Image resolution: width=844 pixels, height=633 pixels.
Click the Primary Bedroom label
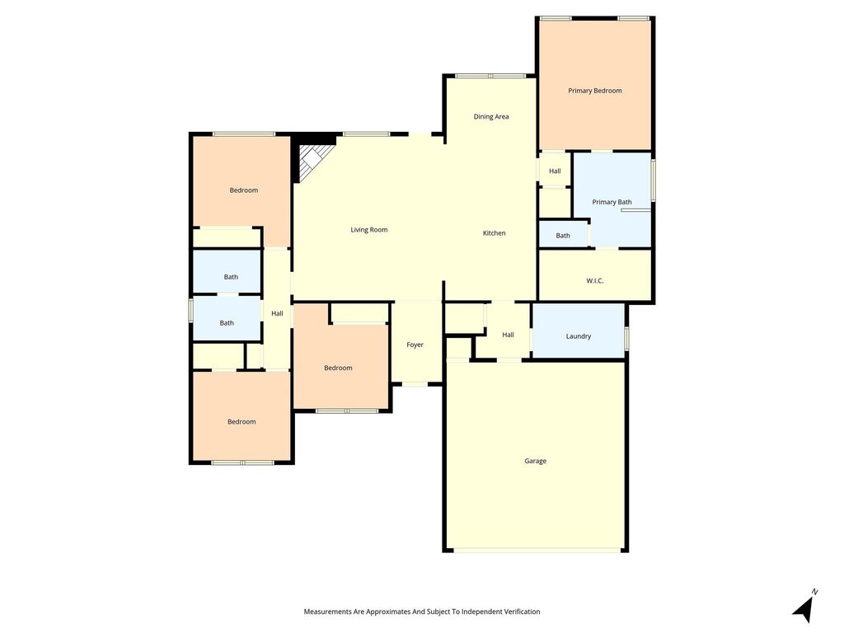tap(595, 91)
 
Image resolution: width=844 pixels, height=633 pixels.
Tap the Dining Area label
tap(491, 117)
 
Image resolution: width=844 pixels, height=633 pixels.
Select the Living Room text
tap(368, 230)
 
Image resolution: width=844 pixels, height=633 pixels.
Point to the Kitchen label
tap(494, 233)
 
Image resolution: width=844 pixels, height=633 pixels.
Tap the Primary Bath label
tap(612, 203)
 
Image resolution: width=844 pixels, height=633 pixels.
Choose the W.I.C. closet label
tap(594, 281)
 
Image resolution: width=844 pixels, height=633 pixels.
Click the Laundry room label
tap(578, 336)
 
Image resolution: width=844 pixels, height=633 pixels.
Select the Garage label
tap(535, 461)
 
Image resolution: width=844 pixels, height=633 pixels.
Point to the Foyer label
tap(415, 345)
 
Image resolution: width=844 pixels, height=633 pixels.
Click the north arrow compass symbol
tap(804, 607)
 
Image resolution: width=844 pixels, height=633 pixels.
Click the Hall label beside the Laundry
tap(508, 335)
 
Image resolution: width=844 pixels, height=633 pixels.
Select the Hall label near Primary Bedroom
tap(555, 171)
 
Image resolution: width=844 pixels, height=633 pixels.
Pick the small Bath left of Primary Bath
tap(562, 236)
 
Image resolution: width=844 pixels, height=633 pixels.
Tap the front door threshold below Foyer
tap(415, 384)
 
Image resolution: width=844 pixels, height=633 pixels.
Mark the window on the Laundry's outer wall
tap(626, 338)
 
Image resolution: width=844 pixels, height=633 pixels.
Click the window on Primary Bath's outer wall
tap(653, 181)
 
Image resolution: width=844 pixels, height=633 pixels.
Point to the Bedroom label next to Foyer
tap(338, 368)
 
